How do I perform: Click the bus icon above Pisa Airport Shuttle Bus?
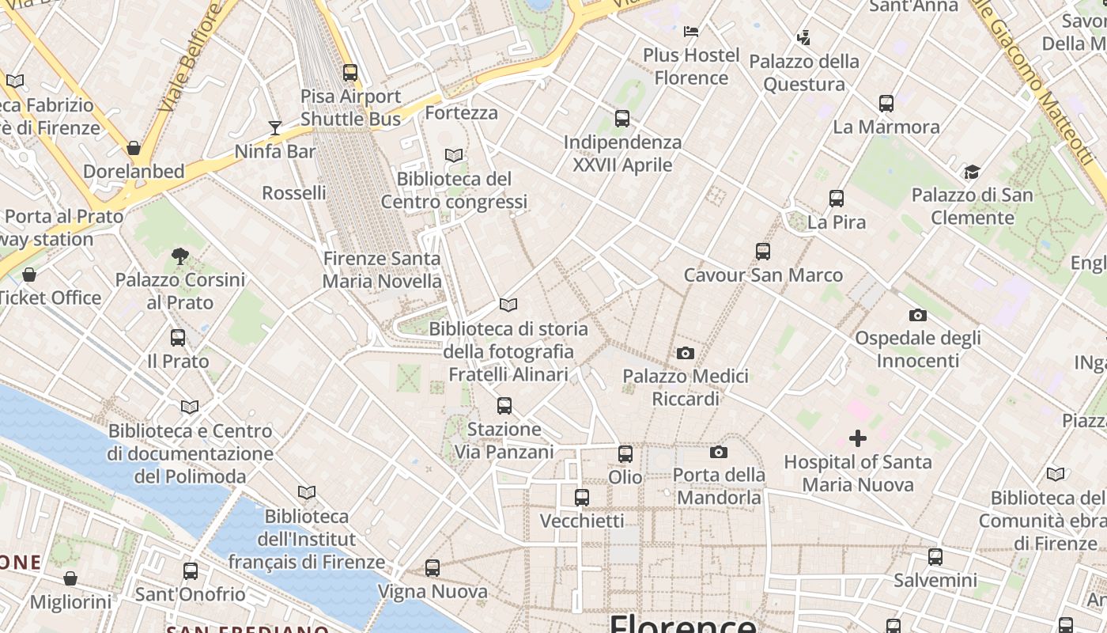(x=350, y=73)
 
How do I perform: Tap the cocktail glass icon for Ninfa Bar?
(x=274, y=127)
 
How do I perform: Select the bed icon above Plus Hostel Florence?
(x=691, y=32)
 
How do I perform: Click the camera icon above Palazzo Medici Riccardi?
(x=686, y=353)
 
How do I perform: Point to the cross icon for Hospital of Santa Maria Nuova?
(x=858, y=438)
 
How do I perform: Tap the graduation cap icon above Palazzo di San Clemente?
(x=972, y=172)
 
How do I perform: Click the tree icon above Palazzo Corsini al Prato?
(x=180, y=256)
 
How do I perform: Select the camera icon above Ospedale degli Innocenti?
(x=918, y=315)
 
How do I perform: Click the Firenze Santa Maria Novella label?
(x=382, y=270)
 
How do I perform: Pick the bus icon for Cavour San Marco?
(x=763, y=252)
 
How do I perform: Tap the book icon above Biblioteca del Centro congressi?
(x=454, y=155)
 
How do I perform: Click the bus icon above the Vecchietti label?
(x=582, y=498)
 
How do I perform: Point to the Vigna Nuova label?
(x=433, y=591)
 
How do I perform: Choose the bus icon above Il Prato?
(x=178, y=338)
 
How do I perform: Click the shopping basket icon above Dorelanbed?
(x=134, y=148)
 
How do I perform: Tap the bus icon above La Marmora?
(x=886, y=104)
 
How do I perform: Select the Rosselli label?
(x=294, y=193)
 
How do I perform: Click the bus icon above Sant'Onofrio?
(x=191, y=571)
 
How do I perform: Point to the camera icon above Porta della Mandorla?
(x=718, y=452)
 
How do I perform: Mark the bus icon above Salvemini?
(x=935, y=557)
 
